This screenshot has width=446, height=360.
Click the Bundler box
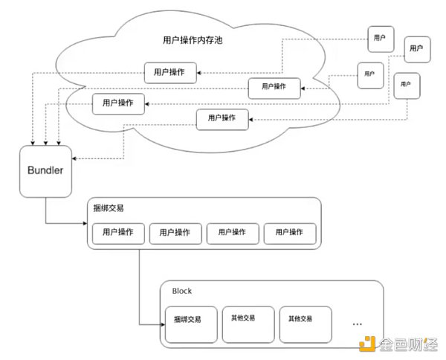coord(45,171)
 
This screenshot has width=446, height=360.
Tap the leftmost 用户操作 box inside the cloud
coord(117,104)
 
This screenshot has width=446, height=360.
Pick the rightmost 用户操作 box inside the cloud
coord(274,87)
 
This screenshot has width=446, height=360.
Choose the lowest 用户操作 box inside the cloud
coord(222,118)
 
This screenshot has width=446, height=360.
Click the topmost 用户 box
coord(380,37)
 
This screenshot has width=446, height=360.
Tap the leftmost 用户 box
coord(369,74)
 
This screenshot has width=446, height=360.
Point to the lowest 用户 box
coord(406,85)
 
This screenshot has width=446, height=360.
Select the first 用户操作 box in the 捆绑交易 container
coord(118,233)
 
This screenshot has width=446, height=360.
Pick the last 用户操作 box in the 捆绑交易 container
coord(290,233)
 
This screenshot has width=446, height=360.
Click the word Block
coord(182,292)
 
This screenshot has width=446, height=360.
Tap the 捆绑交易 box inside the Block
coord(191,323)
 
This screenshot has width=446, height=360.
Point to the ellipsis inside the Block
coord(358,324)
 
